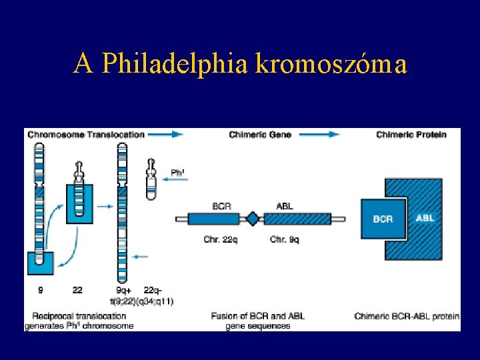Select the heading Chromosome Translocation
tap(86, 135)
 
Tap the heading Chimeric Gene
tap(260, 135)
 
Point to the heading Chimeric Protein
tap(411, 135)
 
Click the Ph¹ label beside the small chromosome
tap(178, 173)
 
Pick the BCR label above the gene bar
tap(221, 206)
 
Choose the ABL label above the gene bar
tap(284, 206)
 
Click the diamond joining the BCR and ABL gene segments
tap(252, 218)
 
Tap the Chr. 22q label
tap(221, 239)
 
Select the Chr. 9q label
tap(284, 239)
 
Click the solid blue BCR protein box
tap(383, 219)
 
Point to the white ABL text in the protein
tap(425, 217)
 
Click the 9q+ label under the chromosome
tap(123, 291)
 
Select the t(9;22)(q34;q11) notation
tap(144, 301)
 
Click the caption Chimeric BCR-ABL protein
tap(407, 316)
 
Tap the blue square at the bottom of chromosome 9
tap(40, 263)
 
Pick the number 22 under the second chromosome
tap(78, 291)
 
